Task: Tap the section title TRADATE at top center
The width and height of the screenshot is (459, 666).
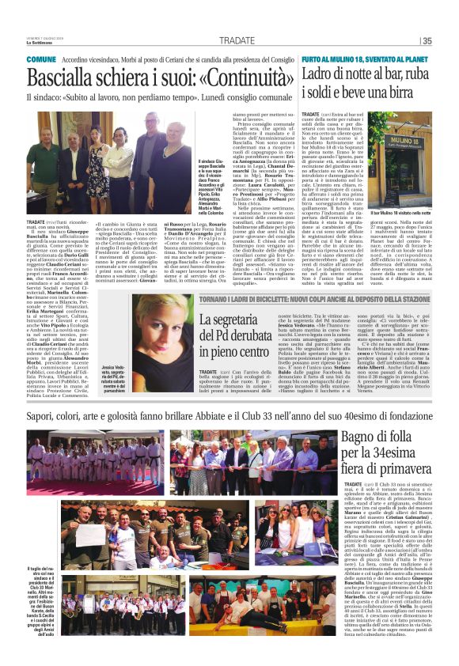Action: (237, 41)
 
